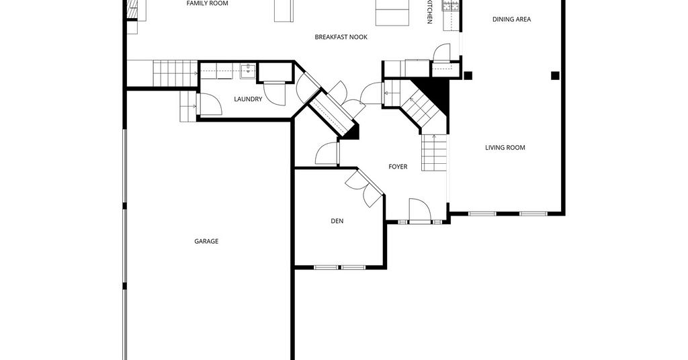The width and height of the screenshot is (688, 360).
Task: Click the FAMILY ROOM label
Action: point(207,3)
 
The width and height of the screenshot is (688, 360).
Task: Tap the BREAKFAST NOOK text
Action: point(341,37)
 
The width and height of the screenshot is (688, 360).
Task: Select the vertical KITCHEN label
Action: point(429,12)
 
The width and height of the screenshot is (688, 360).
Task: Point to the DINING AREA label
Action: point(511,19)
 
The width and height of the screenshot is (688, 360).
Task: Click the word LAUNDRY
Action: point(248,99)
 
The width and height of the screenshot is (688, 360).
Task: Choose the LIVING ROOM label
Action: point(505,148)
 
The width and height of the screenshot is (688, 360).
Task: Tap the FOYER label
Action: point(398,167)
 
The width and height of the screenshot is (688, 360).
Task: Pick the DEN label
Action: point(337,221)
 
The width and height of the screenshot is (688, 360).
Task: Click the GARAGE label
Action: point(206,241)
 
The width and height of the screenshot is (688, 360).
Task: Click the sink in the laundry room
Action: point(248,71)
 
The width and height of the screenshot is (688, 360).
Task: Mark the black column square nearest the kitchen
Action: point(468,75)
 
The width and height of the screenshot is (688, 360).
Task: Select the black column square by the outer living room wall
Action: point(555,76)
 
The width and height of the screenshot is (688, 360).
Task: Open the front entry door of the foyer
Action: point(421,209)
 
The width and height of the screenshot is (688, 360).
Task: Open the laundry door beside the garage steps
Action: point(210,104)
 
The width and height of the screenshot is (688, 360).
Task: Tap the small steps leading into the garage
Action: point(188,107)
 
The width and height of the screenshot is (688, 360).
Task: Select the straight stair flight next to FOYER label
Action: point(434,152)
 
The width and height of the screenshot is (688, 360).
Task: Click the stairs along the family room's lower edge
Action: point(175,74)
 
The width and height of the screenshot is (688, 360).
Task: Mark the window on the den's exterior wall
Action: point(339,267)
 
